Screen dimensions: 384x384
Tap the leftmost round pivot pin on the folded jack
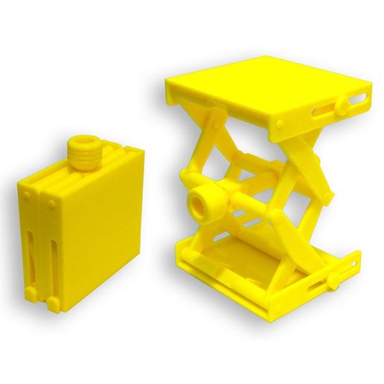point(28,195)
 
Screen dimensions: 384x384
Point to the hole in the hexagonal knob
point(200,201)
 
